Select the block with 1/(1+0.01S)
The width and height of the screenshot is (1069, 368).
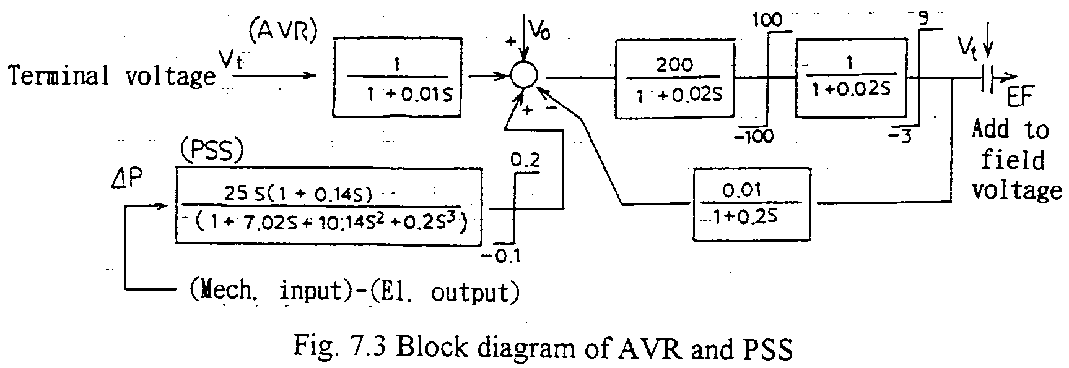coord(398,77)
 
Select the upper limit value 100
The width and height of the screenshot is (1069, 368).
coord(767,20)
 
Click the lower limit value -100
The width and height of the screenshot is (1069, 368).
coord(754,135)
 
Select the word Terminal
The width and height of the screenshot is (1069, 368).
coord(59,76)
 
